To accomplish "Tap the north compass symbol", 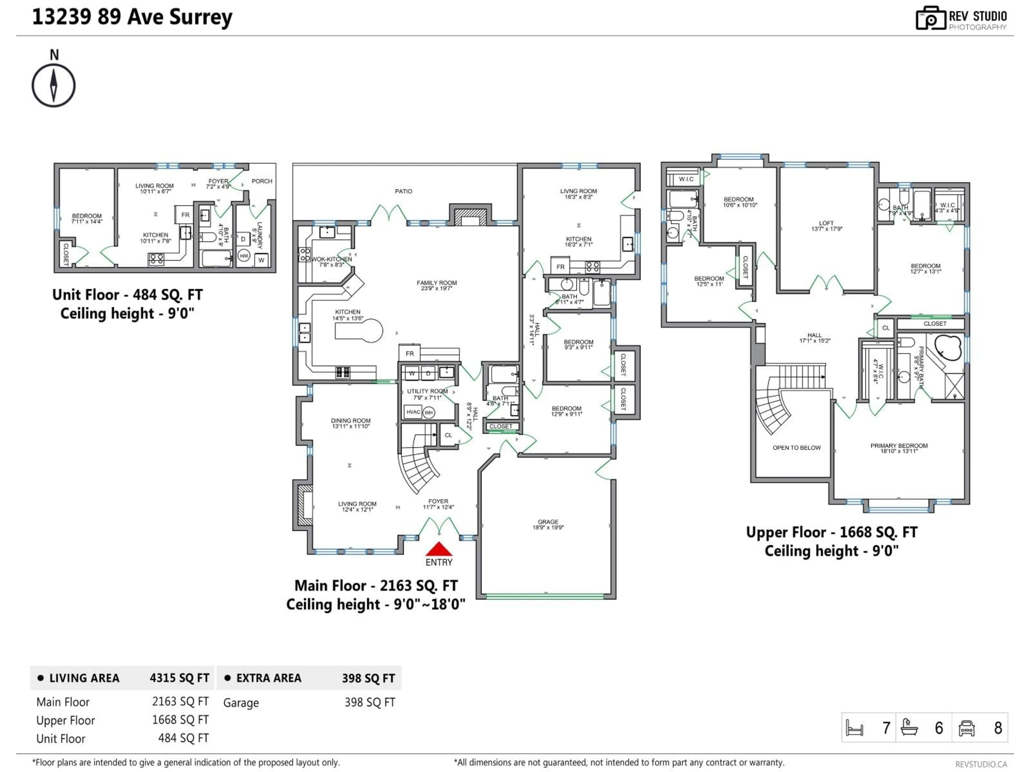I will pyautogui.click(x=54, y=86).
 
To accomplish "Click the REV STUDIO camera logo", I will pyautogui.click(x=930, y=18).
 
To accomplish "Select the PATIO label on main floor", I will pyautogui.click(x=403, y=191).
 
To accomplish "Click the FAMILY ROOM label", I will pyautogui.click(x=436, y=283).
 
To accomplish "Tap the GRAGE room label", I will pyautogui.click(x=548, y=522).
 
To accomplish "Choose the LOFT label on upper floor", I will pyautogui.click(x=826, y=223).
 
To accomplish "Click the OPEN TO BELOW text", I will pyautogui.click(x=796, y=448).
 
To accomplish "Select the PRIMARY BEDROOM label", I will pyautogui.click(x=899, y=446).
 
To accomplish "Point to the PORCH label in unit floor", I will pyautogui.click(x=262, y=181).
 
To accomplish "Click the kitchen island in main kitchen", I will pyautogui.click(x=359, y=331).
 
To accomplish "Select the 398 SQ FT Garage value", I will pyautogui.click(x=370, y=702).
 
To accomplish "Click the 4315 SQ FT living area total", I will pyautogui.click(x=179, y=678).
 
